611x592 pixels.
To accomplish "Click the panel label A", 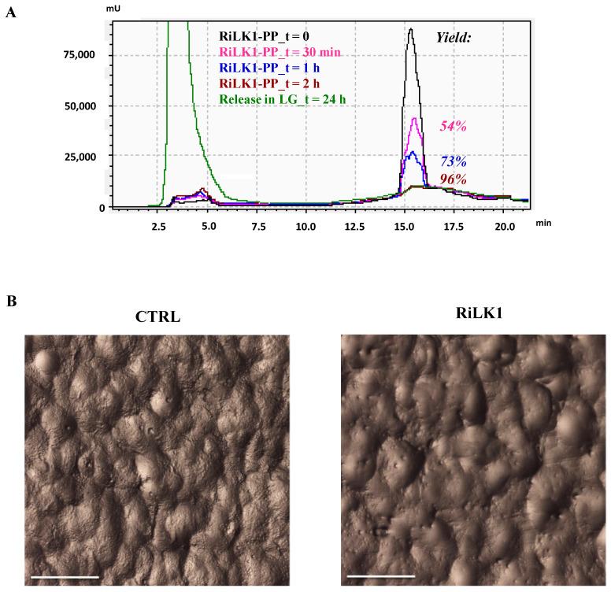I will point(10,13).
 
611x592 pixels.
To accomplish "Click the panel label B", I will point(10,301).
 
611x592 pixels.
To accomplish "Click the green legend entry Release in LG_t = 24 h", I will point(283,98).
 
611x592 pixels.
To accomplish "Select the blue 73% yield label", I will point(455,161).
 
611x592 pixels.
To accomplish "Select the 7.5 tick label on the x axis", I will point(257,225).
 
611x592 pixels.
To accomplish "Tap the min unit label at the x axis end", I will point(543,224).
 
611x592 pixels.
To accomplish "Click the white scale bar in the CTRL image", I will point(65,577).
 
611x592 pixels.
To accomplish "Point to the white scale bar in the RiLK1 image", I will point(381,577).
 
